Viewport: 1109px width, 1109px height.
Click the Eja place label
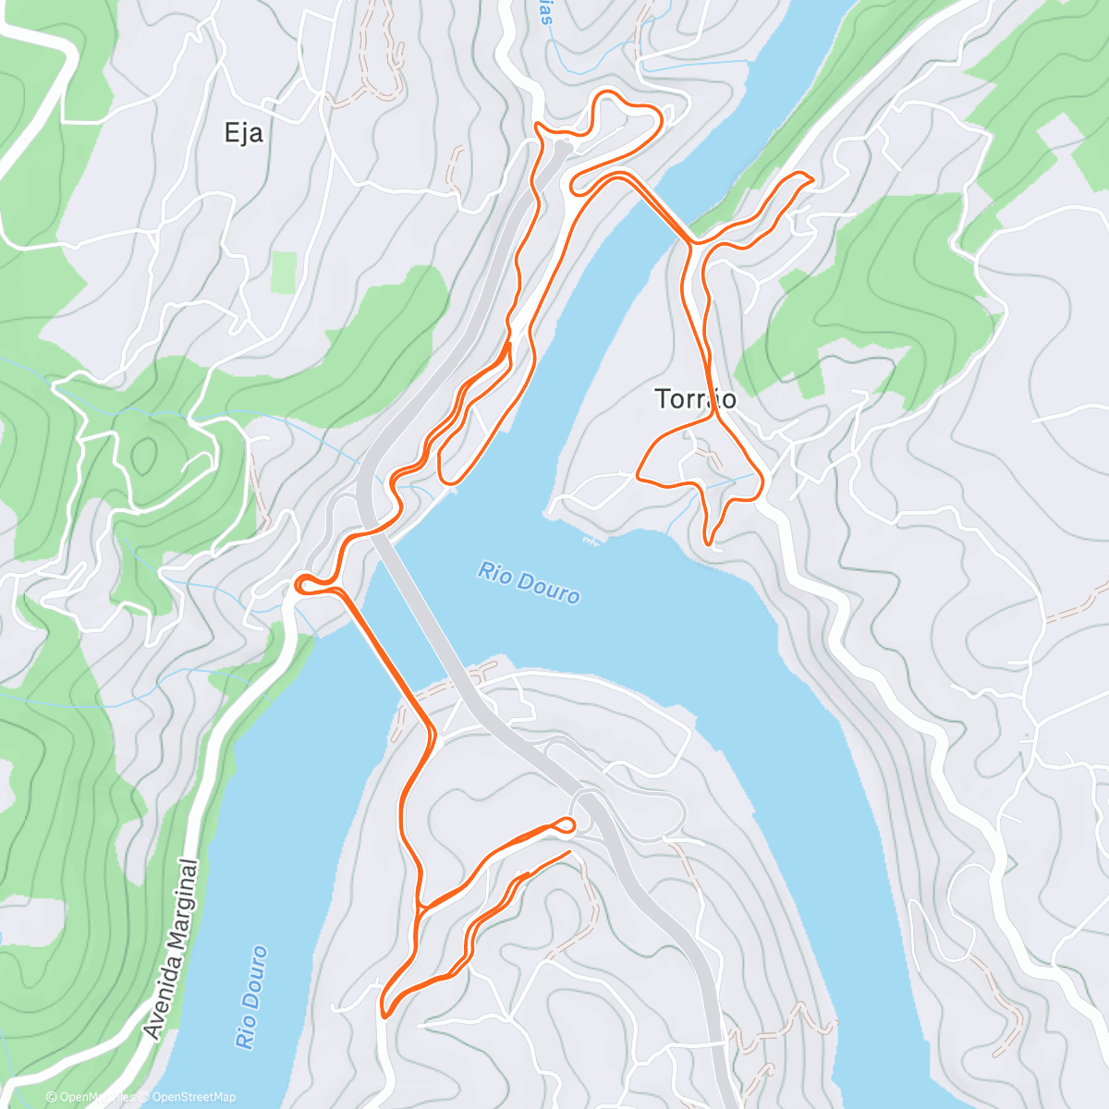click(244, 133)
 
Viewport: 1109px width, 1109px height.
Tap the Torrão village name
click(695, 398)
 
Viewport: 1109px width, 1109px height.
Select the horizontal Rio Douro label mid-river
click(529, 582)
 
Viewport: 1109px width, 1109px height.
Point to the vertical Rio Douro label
click(250, 996)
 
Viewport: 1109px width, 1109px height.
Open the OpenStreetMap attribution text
click(193, 1097)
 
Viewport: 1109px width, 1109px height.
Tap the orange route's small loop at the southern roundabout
click(566, 823)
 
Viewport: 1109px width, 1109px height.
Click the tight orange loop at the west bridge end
click(306, 582)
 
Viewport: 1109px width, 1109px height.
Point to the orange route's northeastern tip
click(807, 177)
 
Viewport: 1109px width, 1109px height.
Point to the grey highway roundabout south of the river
click(586, 798)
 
